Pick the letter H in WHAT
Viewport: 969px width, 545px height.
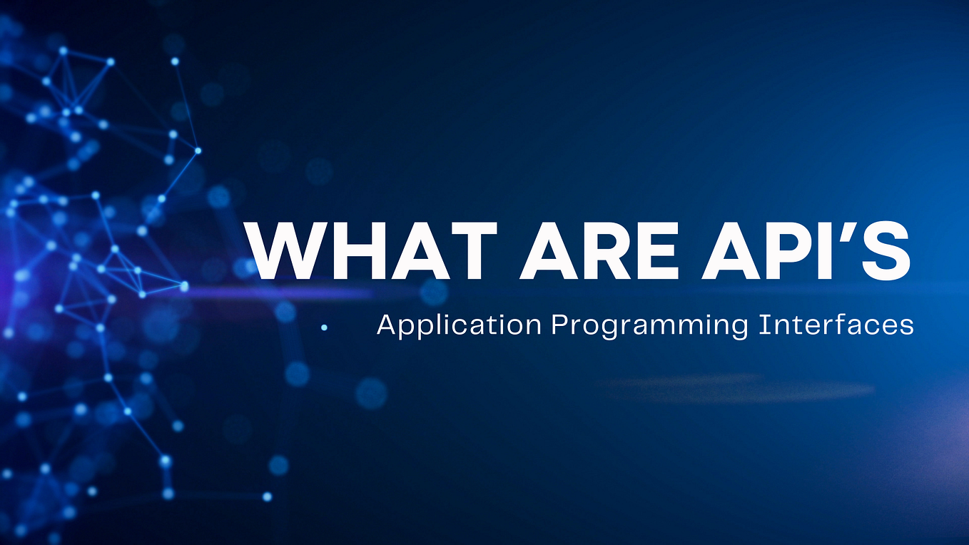coord(350,250)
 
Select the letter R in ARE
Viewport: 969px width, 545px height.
coord(602,250)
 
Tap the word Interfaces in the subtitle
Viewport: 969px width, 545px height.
coord(836,325)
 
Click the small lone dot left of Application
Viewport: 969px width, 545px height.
coord(324,327)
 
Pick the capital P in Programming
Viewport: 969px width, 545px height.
coord(557,325)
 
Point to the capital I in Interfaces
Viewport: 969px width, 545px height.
coord(761,325)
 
